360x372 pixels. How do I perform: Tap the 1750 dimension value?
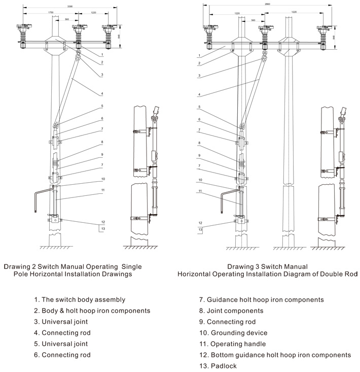(51, 12)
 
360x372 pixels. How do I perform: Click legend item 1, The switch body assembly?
(80, 300)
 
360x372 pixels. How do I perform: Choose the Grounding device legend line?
(233, 333)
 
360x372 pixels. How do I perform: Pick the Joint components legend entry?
(231, 311)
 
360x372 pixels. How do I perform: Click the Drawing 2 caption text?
(73, 270)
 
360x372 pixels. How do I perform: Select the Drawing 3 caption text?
(267, 270)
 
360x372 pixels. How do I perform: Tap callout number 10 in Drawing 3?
(200, 180)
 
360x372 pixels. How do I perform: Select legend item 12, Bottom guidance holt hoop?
(274, 355)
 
